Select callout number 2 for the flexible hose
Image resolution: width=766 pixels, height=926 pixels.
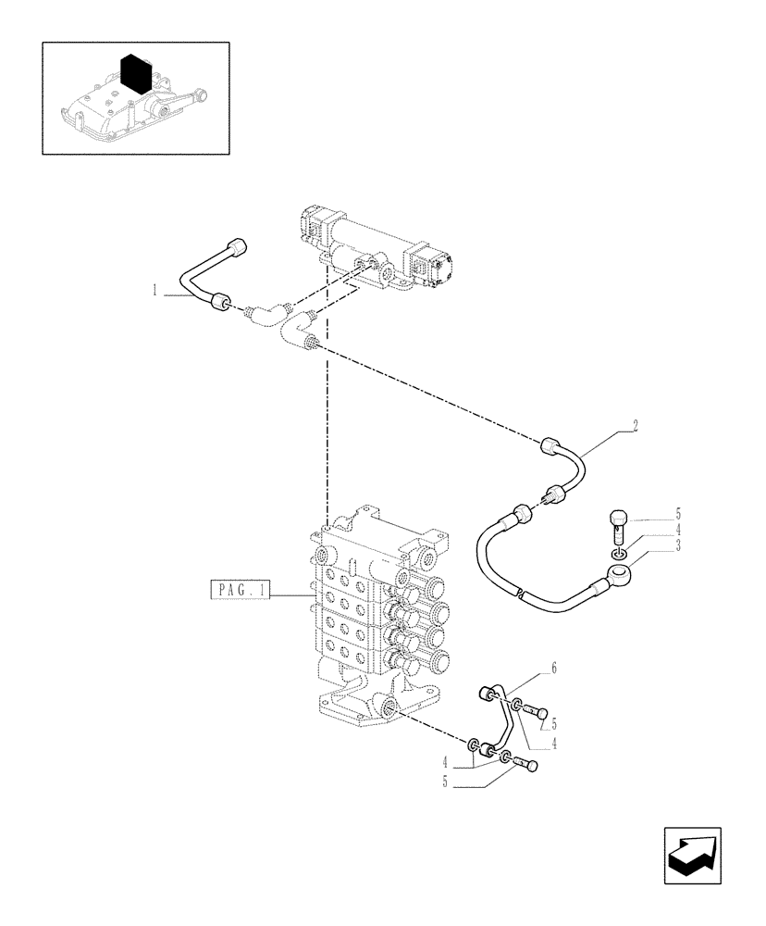tap(635, 427)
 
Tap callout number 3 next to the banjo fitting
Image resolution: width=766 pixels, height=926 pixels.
tap(677, 546)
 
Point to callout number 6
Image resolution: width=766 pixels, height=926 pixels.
tap(553, 667)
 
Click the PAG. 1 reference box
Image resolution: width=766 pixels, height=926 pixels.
tap(240, 590)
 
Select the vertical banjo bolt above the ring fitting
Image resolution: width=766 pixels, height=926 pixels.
tap(620, 528)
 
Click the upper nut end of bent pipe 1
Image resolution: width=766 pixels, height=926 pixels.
tap(240, 247)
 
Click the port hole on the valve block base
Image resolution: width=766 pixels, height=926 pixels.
tap(387, 711)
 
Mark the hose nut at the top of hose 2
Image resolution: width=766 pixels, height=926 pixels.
tap(550, 446)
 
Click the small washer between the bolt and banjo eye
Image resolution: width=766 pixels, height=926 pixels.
tap(620, 554)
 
